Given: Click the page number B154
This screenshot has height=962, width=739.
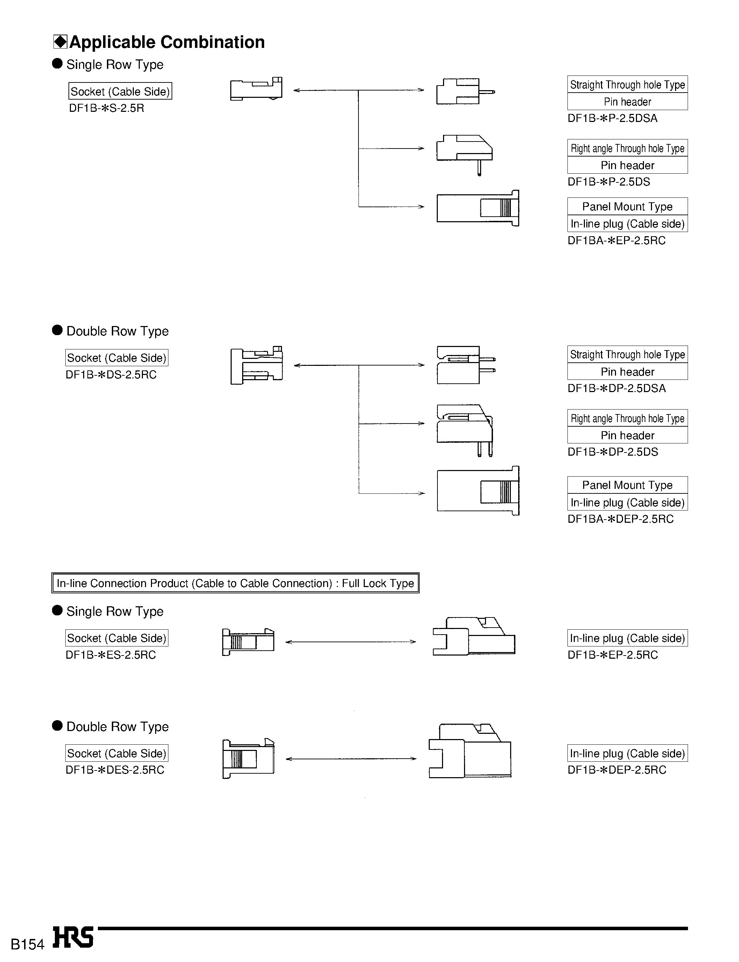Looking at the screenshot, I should coord(27,944).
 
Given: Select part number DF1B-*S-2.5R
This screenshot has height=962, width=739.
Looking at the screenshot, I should coord(107,108).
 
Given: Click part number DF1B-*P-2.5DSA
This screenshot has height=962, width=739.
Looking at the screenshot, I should coord(612,118).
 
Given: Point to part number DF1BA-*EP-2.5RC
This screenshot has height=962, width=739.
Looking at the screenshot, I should coord(616,241).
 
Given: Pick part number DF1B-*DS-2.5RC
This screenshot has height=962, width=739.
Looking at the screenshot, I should coord(111,375).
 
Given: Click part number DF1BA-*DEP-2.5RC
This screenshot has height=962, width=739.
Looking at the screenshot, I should coord(620,519).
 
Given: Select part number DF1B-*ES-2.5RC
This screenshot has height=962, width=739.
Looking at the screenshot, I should coord(110,655).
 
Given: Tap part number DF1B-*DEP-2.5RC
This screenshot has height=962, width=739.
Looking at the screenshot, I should coord(617,770).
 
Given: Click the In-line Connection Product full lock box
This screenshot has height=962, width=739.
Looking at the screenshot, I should coord(236,583).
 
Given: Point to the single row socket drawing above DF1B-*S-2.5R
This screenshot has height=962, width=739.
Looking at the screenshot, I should coord(256,89).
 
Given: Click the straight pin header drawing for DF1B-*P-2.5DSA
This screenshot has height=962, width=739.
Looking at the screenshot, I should coord(464,92).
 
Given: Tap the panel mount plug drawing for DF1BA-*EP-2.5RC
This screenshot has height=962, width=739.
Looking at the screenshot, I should coord(478,208).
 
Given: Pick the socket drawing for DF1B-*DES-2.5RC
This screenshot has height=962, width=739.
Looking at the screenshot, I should coord(248,759).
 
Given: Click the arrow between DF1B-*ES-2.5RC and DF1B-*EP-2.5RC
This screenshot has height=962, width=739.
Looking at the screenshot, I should coord(350,642).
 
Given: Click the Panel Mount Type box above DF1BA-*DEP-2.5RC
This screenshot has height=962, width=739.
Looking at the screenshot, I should coord(627,485).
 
